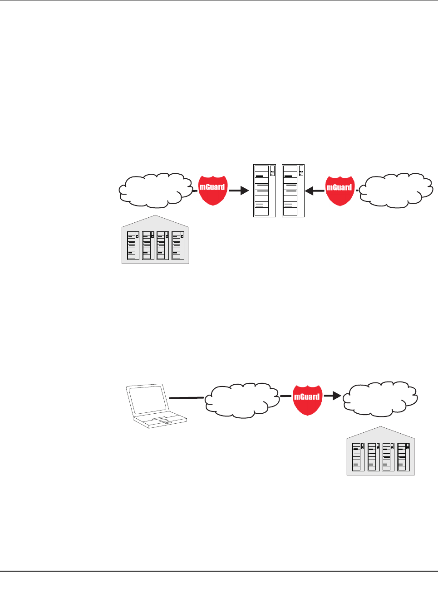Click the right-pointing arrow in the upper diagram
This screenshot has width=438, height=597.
click(x=239, y=191)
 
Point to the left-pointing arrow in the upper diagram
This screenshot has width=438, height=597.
click(x=315, y=191)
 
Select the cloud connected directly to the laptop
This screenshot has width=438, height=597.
click(x=242, y=400)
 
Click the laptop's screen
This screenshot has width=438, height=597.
click(x=147, y=399)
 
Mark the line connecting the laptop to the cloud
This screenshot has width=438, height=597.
click(x=187, y=398)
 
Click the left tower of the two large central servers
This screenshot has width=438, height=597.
click(x=265, y=191)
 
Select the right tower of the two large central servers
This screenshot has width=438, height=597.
click(x=293, y=191)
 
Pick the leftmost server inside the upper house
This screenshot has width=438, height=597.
click(x=133, y=245)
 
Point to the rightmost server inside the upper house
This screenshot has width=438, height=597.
click(x=178, y=245)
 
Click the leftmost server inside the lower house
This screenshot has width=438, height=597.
click(x=358, y=457)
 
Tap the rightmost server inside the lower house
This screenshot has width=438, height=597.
click(x=404, y=457)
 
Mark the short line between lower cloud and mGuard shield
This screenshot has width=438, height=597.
click(x=285, y=396)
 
